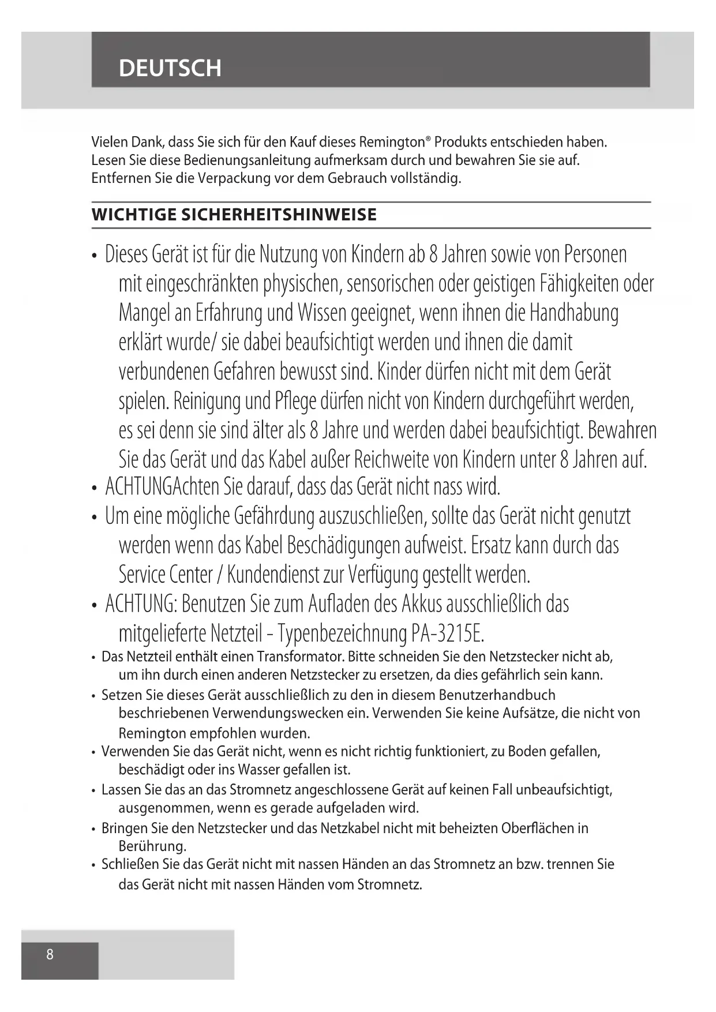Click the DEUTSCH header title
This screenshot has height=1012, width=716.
(170, 68)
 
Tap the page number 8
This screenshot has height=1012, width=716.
(50, 954)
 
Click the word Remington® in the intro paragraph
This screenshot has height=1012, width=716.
(395, 142)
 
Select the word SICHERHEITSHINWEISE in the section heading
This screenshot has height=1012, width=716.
(279, 215)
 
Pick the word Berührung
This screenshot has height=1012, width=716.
(152, 846)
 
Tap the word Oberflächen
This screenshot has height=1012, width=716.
(538, 829)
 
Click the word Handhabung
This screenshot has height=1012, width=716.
(573, 313)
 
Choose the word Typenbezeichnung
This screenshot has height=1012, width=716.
(343, 634)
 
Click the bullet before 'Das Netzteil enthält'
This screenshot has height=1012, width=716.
(93, 658)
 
